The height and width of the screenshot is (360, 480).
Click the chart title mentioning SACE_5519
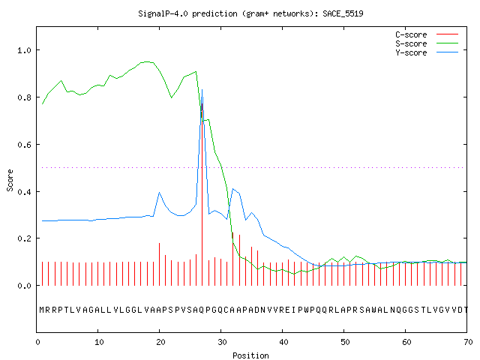250,13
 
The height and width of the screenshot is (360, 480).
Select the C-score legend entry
427,34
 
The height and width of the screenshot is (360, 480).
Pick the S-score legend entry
427,43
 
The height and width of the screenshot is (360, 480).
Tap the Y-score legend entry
427,52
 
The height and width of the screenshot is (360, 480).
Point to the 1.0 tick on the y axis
25,50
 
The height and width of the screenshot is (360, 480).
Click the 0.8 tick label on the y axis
25,97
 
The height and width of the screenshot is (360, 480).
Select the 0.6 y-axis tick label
25,145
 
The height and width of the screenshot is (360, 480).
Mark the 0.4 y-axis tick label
25,192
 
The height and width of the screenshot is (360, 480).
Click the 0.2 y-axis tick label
25,238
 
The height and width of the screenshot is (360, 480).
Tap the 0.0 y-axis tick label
25,286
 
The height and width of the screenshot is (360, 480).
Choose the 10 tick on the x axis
99,342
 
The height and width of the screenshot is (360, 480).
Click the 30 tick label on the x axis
222,342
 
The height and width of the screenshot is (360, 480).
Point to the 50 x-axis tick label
345,342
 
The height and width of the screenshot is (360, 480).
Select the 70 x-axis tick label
468,342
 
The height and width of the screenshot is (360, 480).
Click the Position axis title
250,355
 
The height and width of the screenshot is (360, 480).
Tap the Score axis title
10,180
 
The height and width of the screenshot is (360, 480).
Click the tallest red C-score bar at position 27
202,194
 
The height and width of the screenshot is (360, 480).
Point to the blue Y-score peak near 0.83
202,90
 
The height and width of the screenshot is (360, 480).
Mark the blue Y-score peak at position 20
159,193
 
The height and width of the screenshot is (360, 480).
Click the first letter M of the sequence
42,310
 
